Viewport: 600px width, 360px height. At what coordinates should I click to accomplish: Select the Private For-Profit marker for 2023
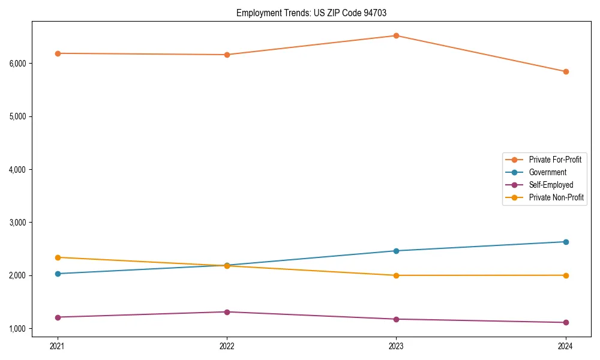pos(396,35)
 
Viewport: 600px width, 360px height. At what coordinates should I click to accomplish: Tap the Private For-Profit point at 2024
pos(565,71)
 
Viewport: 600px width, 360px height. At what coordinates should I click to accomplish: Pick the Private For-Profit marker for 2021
pos(58,53)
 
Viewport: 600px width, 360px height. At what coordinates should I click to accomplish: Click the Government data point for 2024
pos(565,242)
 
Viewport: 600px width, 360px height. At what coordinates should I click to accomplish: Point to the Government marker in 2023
pos(396,251)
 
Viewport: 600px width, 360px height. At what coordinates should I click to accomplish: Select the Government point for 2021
pos(58,274)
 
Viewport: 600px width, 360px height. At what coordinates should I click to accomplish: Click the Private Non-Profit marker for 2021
pos(58,257)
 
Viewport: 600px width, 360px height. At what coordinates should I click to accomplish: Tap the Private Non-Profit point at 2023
pos(396,275)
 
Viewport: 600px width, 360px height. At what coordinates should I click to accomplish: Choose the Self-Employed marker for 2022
pos(227,312)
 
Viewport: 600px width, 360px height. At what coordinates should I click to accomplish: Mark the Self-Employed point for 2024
pos(565,322)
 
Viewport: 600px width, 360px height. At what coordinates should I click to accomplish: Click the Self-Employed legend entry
pos(551,185)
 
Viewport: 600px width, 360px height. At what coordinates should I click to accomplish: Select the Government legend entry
pos(547,172)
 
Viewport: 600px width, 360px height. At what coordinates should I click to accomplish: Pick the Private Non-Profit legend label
pos(556,197)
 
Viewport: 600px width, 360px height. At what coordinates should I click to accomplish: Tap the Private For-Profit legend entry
pos(554,160)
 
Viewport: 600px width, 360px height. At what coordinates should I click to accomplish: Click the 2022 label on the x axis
pos(227,346)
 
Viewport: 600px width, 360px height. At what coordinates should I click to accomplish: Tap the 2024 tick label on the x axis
pos(565,346)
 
